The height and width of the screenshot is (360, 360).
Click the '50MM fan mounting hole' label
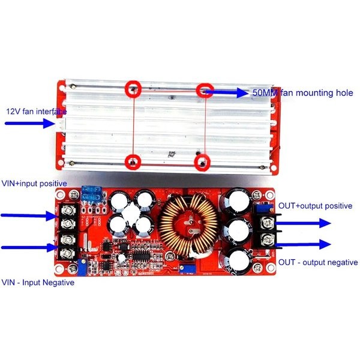(x=303, y=93)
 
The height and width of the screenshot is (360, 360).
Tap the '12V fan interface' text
(x=37, y=112)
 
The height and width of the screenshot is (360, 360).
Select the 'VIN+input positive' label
(x=34, y=184)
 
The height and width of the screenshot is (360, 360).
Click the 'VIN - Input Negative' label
(x=38, y=282)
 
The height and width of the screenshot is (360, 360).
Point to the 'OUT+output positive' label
(x=315, y=206)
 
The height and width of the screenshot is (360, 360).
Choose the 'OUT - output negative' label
(x=318, y=262)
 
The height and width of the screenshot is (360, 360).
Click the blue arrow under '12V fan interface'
(x=30, y=123)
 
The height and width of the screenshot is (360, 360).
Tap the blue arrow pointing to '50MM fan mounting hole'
(x=226, y=92)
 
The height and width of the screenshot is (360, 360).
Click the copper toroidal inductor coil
(x=188, y=226)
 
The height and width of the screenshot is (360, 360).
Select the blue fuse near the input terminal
(x=92, y=193)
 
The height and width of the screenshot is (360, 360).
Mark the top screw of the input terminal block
(x=68, y=210)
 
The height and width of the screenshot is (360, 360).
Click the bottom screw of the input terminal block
(x=68, y=254)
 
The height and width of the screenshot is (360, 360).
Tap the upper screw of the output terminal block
(x=267, y=223)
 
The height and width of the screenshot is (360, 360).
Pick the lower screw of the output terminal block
(x=267, y=239)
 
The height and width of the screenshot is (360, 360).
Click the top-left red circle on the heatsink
(x=133, y=89)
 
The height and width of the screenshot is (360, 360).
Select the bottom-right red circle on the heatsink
(x=202, y=163)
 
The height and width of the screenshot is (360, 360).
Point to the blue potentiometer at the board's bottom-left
(x=82, y=267)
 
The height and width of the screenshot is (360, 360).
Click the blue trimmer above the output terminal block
(x=264, y=208)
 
